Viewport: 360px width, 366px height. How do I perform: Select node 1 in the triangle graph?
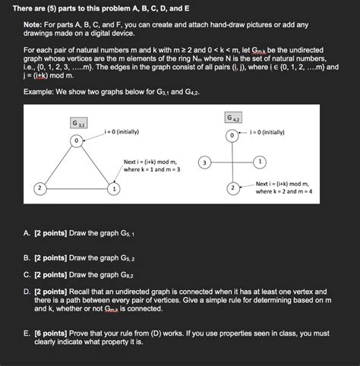click(x=112, y=188)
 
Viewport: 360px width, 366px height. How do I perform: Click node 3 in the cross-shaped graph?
click(x=204, y=162)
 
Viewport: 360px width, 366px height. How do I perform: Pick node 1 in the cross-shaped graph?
click(x=260, y=162)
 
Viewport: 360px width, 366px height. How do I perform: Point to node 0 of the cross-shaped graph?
click(x=232, y=135)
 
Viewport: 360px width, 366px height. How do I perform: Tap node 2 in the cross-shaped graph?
click(x=232, y=188)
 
